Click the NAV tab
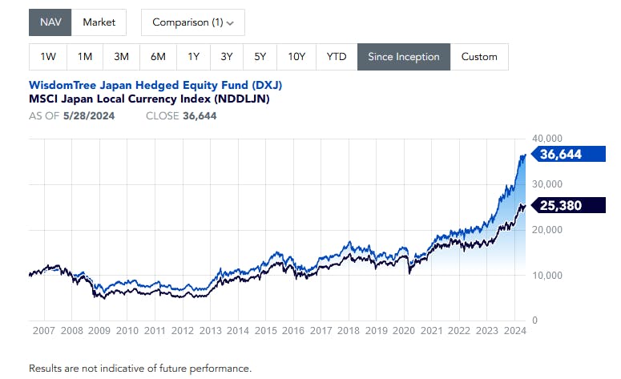[x=50, y=22]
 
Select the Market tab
[x=99, y=22]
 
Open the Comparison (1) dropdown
[x=193, y=22]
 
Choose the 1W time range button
[x=48, y=57]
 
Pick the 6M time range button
[x=157, y=57]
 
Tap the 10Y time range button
[x=296, y=57]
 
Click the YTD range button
[x=337, y=57]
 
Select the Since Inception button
[x=404, y=57]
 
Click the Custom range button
[x=479, y=57]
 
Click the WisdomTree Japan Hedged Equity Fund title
[x=155, y=85]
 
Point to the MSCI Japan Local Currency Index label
[x=149, y=99]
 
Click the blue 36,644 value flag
[x=560, y=155]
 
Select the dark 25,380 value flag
[x=560, y=206]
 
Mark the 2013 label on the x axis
[x=210, y=330]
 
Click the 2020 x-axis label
[x=404, y=330]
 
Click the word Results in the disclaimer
[x=47, y=369]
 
